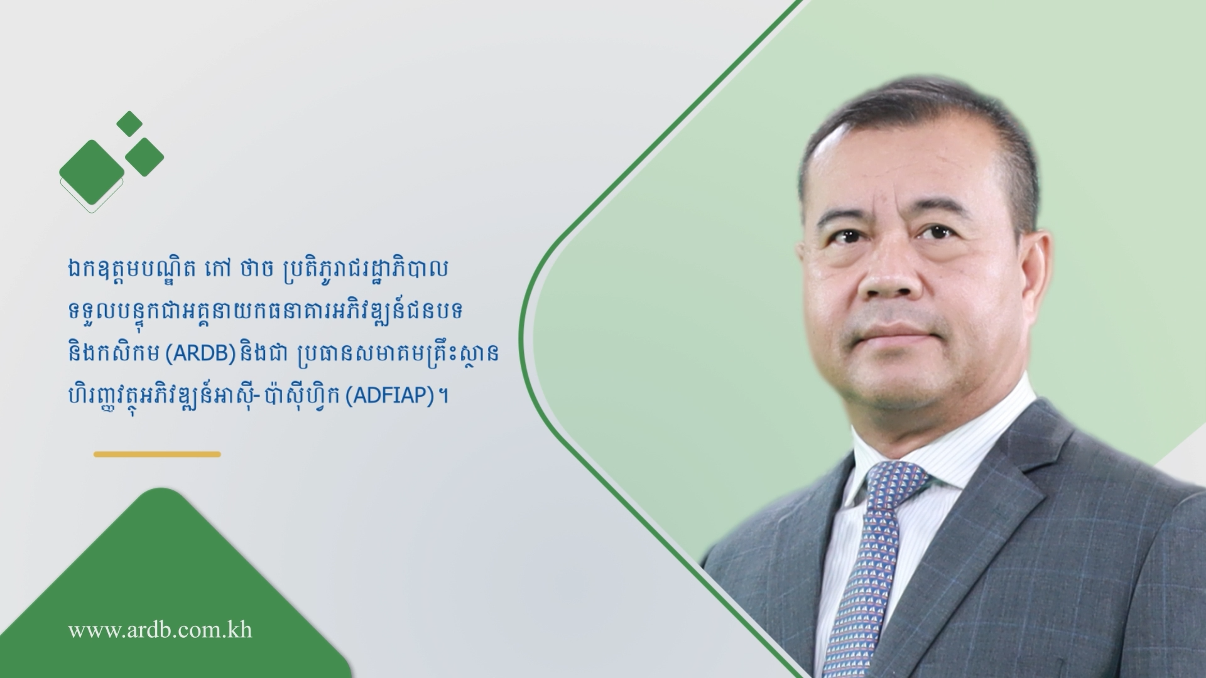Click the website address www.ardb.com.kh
click(x=160, y=630)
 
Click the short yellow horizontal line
click(x=158, y=454)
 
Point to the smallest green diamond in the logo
click(x=130, y=124)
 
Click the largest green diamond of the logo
click(x=92, y=172)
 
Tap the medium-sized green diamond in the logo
click(x=144, y=156)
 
